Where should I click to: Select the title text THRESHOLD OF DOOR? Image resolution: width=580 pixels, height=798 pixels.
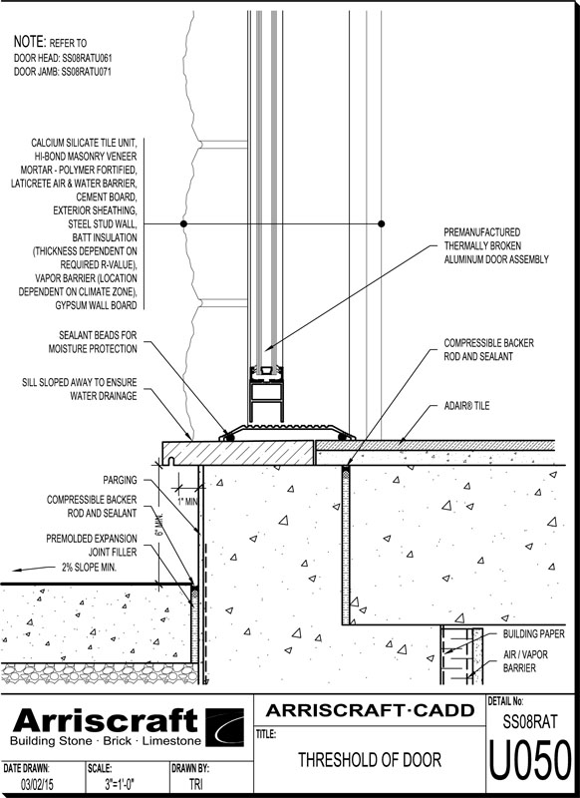[370, 760]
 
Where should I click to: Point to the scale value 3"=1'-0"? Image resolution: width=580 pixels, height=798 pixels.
[120, 784]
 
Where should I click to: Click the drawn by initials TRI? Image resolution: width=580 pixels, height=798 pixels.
[195, 784]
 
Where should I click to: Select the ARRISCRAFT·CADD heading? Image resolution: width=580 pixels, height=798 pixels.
[370, 710]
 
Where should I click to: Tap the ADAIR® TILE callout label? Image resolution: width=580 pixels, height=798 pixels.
[466, 406]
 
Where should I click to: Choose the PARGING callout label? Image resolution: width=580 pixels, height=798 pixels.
[120, 480]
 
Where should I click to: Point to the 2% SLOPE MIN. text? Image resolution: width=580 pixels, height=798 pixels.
[89, 567]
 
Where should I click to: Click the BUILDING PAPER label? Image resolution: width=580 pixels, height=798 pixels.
[534, 633]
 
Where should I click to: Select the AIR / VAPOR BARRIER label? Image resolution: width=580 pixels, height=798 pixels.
[525, 661]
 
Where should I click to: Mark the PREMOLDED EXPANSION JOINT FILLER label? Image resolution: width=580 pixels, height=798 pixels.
[92, 545]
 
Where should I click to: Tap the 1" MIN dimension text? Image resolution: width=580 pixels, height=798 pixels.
[187, 502]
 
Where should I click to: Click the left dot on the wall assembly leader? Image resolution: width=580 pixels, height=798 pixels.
[184, 223]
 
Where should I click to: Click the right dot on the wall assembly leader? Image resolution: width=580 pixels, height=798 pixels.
[382, 223]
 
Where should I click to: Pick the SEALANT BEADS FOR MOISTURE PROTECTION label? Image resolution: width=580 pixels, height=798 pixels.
[93, 342]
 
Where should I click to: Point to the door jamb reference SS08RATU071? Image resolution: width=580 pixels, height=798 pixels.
[87, 72]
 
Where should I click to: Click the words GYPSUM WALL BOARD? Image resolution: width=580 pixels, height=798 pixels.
[96, 305]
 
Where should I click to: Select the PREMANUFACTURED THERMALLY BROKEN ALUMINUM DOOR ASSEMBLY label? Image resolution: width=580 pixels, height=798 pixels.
[496, 245]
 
